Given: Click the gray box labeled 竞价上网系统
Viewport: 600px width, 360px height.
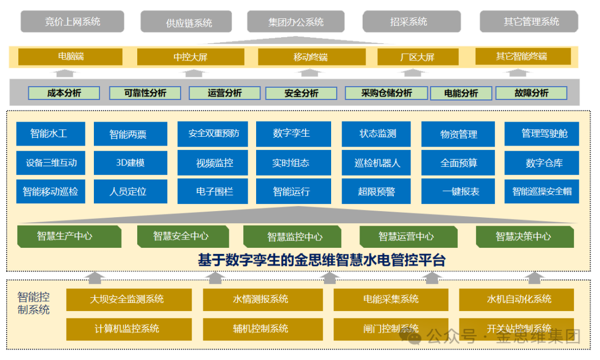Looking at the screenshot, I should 73,22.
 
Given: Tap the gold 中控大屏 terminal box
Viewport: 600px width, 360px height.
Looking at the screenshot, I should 191,57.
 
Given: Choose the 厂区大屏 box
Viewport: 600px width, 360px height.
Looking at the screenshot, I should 418,57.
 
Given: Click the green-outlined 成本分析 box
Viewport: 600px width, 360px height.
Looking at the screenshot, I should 64,93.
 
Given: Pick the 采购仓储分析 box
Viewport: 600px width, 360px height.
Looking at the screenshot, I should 387,93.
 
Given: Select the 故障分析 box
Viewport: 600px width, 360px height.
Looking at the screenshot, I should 531,93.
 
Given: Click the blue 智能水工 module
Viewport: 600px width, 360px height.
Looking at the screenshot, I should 51,134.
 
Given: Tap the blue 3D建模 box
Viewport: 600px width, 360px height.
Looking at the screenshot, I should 130,163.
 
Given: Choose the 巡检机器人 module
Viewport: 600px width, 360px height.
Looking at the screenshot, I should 377,163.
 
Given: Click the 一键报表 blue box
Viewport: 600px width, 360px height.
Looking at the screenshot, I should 461,192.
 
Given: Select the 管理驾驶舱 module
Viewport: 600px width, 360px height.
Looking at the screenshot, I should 541,134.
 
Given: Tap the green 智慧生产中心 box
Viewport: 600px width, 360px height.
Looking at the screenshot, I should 68,236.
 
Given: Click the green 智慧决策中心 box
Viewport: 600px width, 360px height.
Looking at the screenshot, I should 524,237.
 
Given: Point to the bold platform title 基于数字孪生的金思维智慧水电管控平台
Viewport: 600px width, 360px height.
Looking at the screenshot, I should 322,260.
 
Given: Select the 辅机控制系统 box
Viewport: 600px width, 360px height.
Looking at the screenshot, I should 261,328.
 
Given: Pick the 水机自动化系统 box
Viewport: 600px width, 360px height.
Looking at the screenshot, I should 519,299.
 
